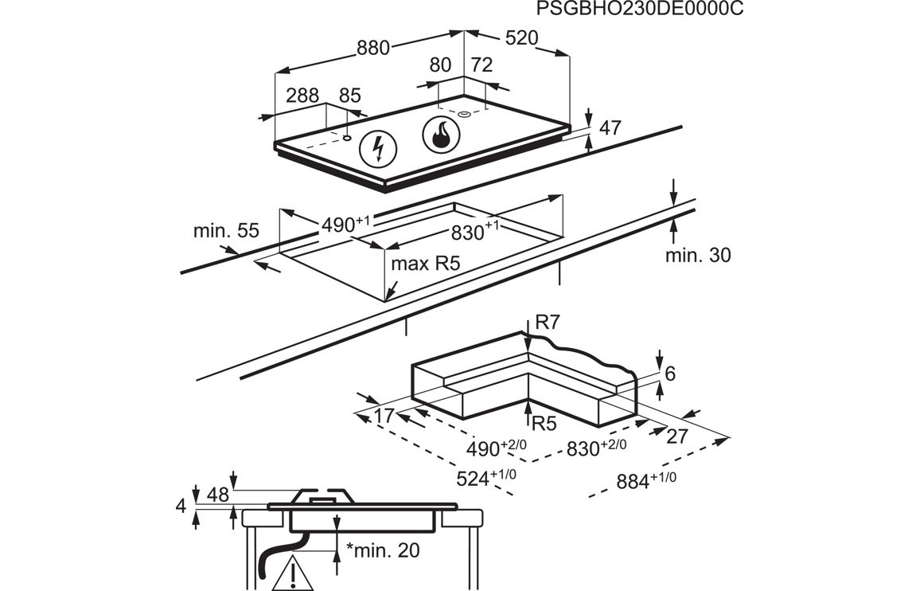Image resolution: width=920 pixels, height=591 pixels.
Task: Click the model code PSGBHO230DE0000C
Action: point(633,10)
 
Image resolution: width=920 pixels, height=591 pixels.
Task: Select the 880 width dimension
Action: point(372,48)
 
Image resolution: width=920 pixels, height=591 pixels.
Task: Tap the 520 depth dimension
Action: point(521,38)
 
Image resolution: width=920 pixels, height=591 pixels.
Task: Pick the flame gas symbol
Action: point(440,135)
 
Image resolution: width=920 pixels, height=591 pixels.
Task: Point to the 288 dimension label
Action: point(302,96)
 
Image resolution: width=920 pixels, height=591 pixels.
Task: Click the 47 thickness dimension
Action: point(610,127)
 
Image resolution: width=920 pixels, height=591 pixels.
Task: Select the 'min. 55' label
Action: point(226,231)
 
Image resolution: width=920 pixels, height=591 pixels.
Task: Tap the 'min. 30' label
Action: point(698,255)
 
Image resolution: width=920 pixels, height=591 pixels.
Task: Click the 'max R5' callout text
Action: point(426,264)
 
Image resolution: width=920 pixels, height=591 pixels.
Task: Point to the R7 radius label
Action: point(548,323)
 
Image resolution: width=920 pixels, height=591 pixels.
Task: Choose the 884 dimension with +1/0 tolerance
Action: point(645,480)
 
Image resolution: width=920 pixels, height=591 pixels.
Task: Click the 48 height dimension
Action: point(217,494)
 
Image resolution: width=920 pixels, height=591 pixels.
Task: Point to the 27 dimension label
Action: point(676,436)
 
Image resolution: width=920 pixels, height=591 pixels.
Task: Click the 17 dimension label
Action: point(384,416)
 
